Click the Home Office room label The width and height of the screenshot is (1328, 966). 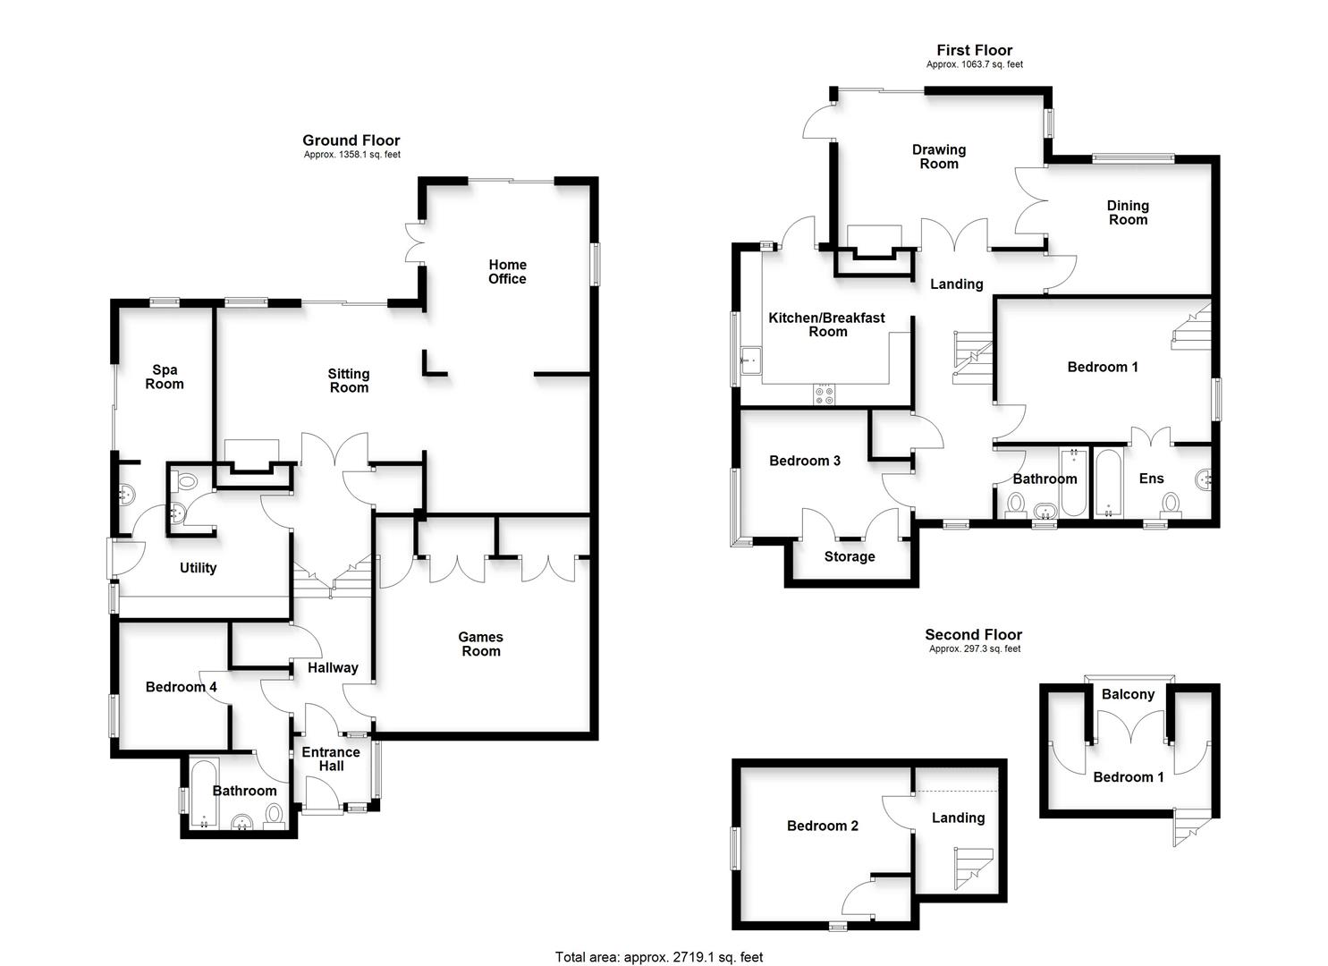pos(507,272)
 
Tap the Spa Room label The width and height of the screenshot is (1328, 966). pos(165,377)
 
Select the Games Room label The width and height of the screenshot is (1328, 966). pos(481,644)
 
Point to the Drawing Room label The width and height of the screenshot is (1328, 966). pos(939,157)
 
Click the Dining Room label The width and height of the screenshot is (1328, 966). pos(1129,212)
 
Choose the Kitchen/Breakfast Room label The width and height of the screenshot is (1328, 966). pos(827,325)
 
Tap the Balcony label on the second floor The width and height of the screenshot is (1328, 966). pos(1129,694)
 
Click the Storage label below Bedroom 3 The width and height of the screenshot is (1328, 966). pos(850,557)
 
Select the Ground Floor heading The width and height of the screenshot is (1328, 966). pos(351,140)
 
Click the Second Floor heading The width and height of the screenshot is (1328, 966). pos(974,634)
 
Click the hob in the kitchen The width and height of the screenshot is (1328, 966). pos(825,395)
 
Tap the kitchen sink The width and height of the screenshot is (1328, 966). pos(750,361)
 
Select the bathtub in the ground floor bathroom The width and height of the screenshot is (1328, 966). pos(205,792)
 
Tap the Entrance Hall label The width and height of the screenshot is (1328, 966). pos(331,759)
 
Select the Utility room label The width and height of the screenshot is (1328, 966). pos(198,568)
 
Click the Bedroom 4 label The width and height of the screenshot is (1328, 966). pos(181,687)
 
